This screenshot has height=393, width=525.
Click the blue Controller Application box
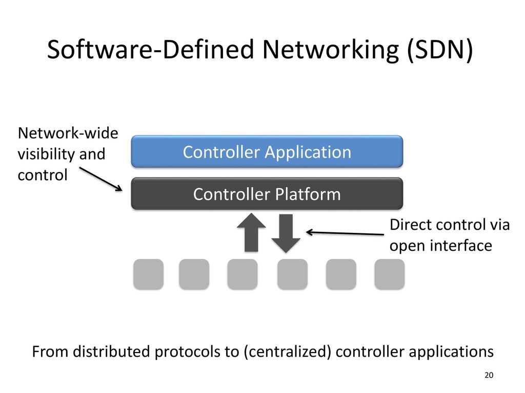[x=267, y=152]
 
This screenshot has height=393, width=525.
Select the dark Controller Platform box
[x=267, y=194]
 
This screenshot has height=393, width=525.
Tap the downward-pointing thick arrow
[x=286, y=233]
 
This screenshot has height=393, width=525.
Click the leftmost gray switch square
[x=149, y=274]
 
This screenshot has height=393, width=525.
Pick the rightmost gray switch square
[x=389, y=274]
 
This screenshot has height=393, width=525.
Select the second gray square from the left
[x=194, y=274]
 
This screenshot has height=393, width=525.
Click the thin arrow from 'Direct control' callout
[x=345, y=233]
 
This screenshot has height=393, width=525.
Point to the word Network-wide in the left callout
[x=68, y=134]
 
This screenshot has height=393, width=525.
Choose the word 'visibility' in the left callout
[x=46, y=155]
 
